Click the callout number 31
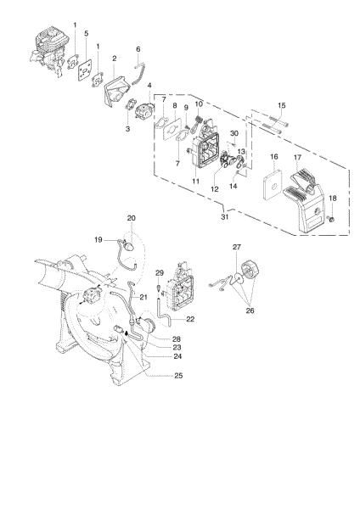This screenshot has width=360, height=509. point(224,217)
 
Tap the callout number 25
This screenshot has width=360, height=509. point(178,376)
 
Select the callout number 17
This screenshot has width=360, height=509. point(298,158)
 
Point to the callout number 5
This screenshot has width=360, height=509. point(86,33)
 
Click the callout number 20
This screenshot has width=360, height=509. point(132,218)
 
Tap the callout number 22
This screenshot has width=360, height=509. point(190,319)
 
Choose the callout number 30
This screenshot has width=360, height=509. point(234,133)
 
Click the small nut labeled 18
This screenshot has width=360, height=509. point(332,220)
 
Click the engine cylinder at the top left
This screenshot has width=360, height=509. point(50,51)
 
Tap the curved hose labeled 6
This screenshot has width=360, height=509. point(140,72)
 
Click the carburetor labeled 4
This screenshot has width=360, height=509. point(145,111)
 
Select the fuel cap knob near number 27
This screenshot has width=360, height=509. point(250,270)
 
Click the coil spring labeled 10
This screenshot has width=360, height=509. point(200,120)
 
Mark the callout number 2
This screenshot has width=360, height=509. point(115,59)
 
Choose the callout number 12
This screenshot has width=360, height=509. point(215,189)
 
